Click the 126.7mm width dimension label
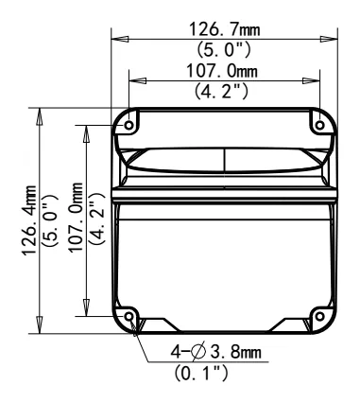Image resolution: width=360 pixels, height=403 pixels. click(225, 29)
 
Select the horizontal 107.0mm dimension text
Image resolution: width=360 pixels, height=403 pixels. click(222, 71)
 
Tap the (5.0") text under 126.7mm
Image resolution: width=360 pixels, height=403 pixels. click(224, 49)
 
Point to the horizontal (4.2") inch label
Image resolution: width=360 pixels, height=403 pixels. click(221, 91)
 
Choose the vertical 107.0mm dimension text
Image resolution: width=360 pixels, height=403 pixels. click(76, 218)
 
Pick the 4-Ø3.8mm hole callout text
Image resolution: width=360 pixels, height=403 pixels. click(216, 352)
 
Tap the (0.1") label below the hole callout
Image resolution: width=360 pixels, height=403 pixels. click(201, 373)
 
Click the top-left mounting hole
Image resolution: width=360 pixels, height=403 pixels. click(129, 125)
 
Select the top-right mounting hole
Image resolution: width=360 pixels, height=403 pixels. click(319, 125)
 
